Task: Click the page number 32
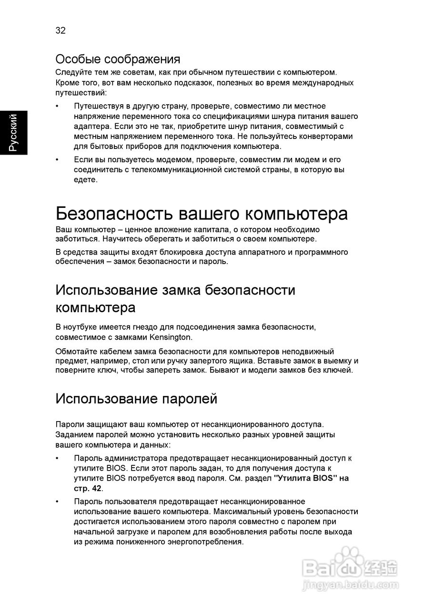pyautogui.click(x=61, y=31)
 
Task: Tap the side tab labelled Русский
pyautogui.click(x=13, y=133)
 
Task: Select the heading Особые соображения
pyautogui.click(x=118, y=59)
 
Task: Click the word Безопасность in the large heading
pyautogui.click(x=114, y=214)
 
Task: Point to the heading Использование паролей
pyautogui.click(x=136, y=399)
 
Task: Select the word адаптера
pyautogui.click(x=91, y=126)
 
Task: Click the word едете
pyautogui.click(x=86, y=180)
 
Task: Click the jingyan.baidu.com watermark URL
pyautogui.click(x=351, y=584)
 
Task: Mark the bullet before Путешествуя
pyautogui.click(x=58, y=106)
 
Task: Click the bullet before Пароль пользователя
pyautogui.click(x=58, y=501)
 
